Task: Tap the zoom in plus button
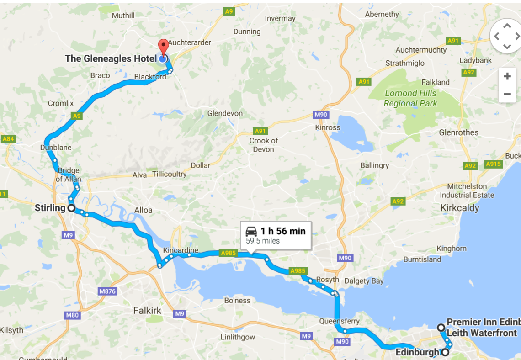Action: pyautogui.click(x=507, y=76)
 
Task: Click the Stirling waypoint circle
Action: pyautogui.click(x=72, y=208)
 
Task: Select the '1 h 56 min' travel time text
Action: pyautogui.click(x=283, y=231)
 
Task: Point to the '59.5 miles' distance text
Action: pyautogui.click(x=263, y=241)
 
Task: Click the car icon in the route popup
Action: pyautogui.click(x=251, y=231)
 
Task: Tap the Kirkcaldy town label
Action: pyautogui.click(x=459, y=208)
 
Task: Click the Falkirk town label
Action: pyautogui.click(x=147, y=311)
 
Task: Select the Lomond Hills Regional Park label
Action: pyautogui.click(x=410, y=98)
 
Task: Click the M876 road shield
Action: pyautogui.click(x=107, y=291)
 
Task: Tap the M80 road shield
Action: pyautogui.click(x=72, y=315)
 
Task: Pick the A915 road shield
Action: pyautogui.click(x=494, y=164)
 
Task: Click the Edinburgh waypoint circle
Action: pyautogui.click(x=445, y=352)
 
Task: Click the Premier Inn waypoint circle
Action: pyautogui.click(x=441, y=328)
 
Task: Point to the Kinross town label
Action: pyautogui.click(x=328, y=127)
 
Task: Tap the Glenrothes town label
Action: pyautogui.click(x=458, y=132)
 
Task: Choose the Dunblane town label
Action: pyautogui.click(x=56, y=148)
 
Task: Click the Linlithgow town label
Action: pyautogui.click(x=238, y=337)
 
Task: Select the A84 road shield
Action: pyautogui.click(x=8, y=139)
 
